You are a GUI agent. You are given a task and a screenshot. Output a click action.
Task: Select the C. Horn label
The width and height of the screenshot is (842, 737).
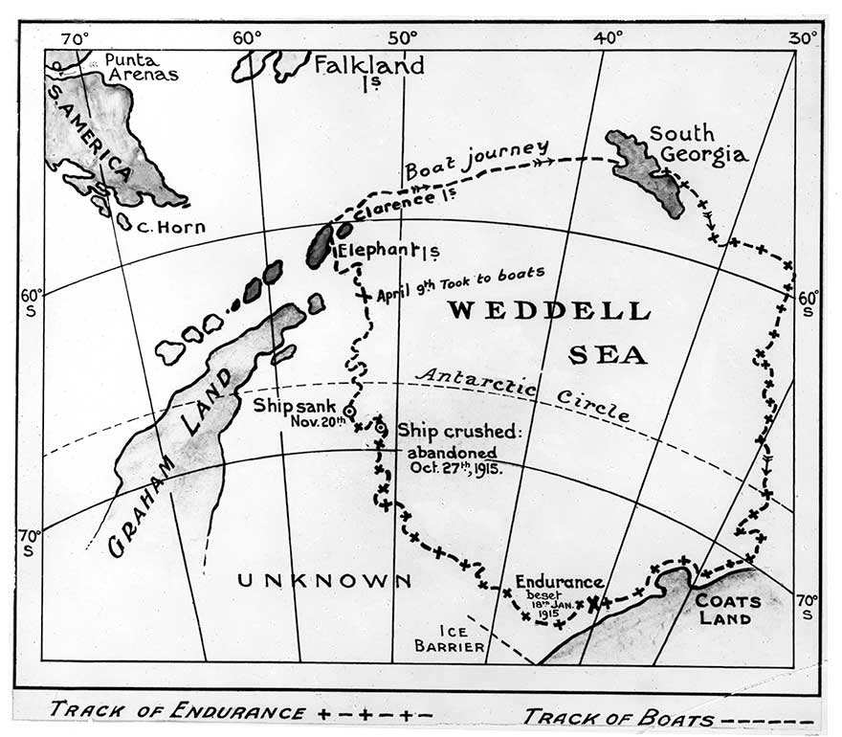point(171,227)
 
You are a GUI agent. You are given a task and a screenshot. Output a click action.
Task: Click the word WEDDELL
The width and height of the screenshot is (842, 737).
point(549,311)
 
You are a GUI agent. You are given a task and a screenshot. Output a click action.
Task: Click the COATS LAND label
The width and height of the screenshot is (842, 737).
point(728,609)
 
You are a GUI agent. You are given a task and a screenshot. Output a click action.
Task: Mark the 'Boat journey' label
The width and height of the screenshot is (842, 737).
point(476,160)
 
